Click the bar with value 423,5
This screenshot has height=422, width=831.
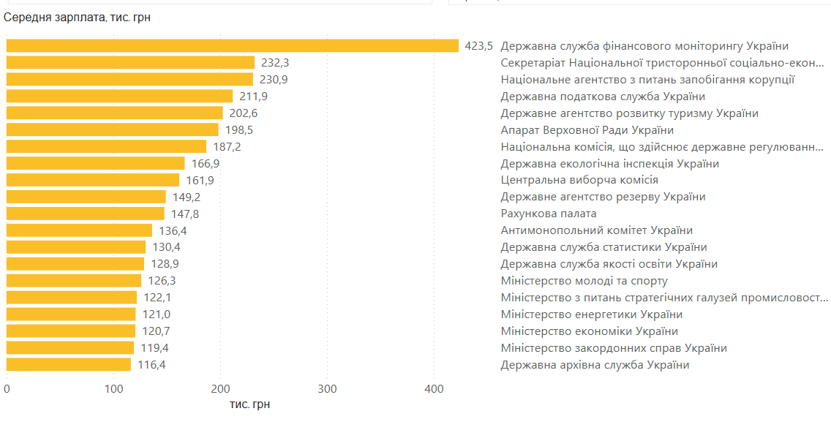tap(233, 45)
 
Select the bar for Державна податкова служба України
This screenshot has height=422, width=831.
tap(119, 96)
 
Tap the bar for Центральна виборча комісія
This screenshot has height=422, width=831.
tap(93, 180)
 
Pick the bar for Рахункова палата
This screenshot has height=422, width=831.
tap(86, 214)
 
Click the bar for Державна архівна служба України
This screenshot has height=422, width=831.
tap(69, 364)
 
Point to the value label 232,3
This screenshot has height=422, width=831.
tap(275, 63)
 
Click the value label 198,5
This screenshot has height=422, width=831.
tap(240, 130)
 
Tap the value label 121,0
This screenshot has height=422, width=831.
tap(157, 314)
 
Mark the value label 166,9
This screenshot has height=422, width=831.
tap(206, 164)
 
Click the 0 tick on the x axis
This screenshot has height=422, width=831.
tap(7, 388)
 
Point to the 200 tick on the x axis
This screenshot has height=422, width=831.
tap(220, 388)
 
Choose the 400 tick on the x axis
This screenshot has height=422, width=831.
tap(434, 388)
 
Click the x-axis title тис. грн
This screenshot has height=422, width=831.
tap(249, 404)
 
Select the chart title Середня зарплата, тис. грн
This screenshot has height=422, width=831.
tap(78, 17)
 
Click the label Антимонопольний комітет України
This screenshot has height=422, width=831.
tap(596, 230)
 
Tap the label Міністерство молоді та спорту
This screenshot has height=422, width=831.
tap(584, 281)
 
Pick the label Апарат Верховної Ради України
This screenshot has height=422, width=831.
tap(587, 130)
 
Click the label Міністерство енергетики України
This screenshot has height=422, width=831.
tap(591, 314)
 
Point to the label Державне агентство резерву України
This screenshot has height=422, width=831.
tap(603, 197)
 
